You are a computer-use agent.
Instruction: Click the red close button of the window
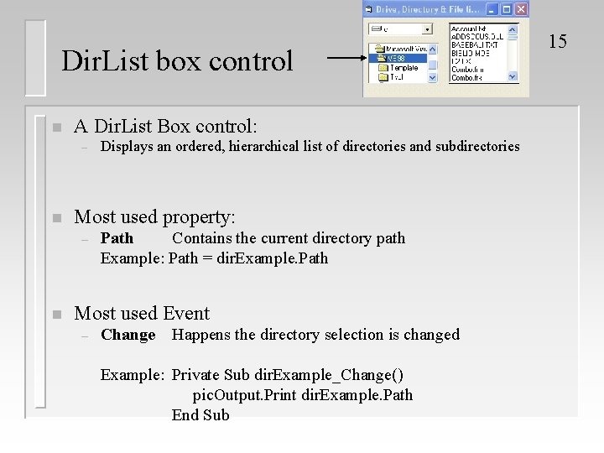click(x=520, y=9)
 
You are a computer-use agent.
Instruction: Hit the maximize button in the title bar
click(x=506, y=9)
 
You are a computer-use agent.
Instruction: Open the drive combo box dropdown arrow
click(x=428, y=29)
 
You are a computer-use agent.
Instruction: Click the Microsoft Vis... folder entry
click(x=405, y=49)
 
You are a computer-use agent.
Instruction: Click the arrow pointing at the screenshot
click(x=344, y=59)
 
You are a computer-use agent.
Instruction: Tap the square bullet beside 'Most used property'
click(x=55, y=218)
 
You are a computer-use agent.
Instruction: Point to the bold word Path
click(x=117, y=238)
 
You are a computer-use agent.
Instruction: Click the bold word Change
click(x=128, y=335)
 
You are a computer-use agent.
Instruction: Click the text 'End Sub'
click(x=200, y=415)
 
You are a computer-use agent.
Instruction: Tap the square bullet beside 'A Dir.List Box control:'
click(x=55, y=128)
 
